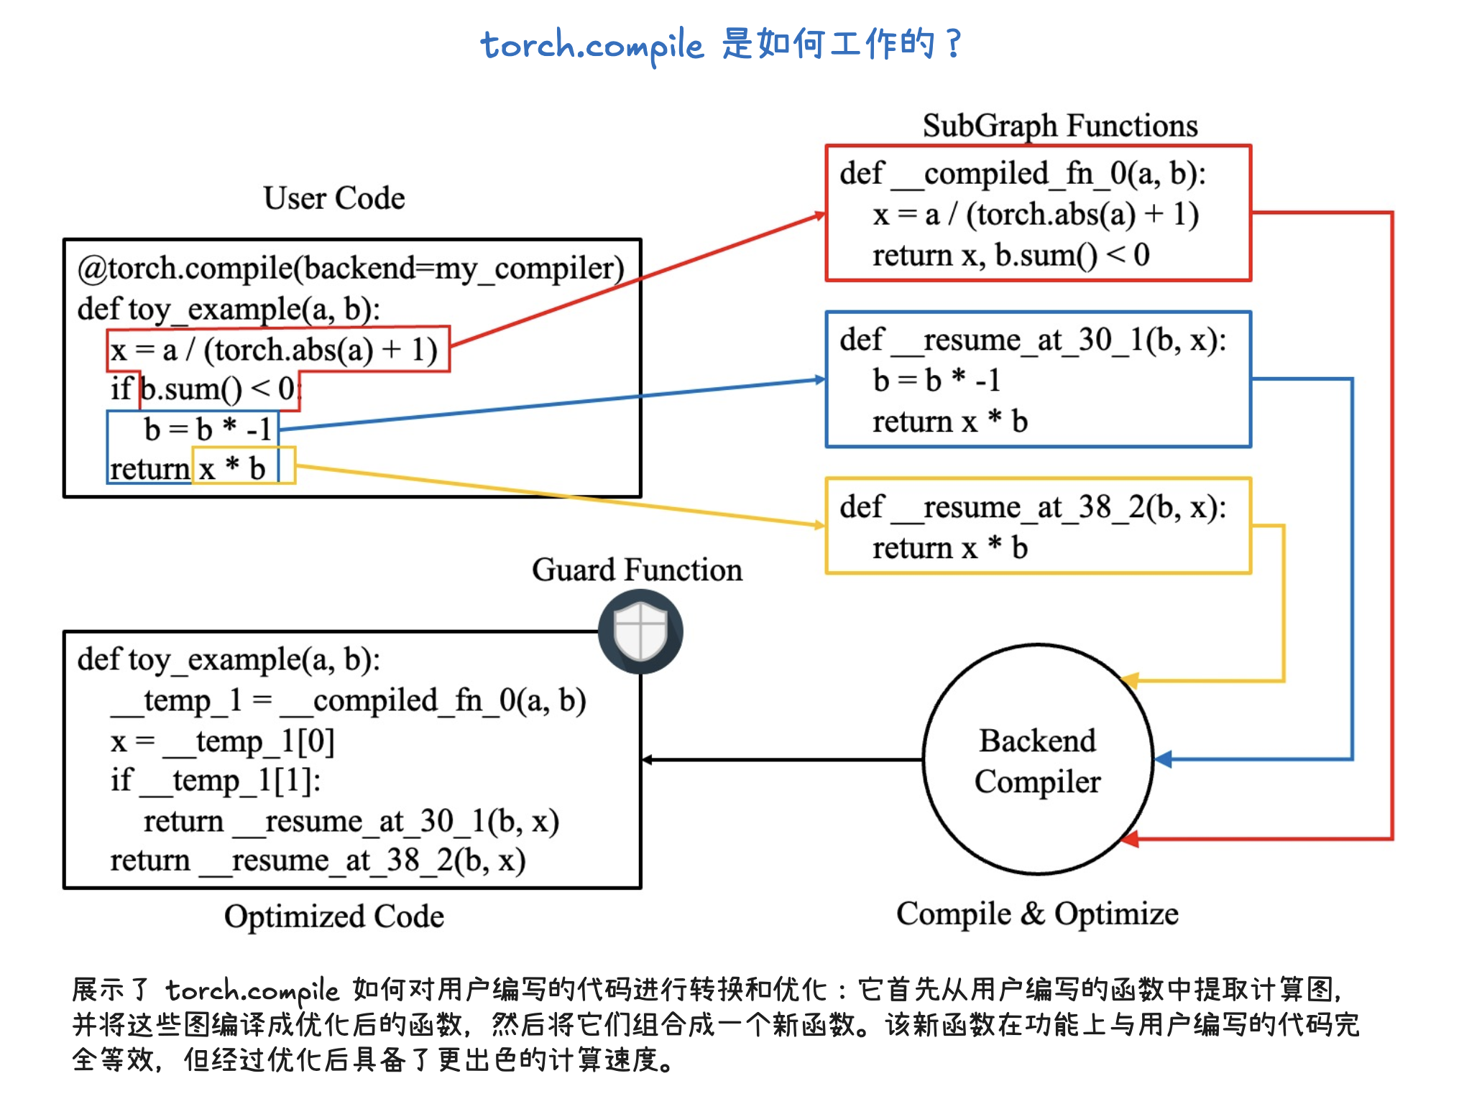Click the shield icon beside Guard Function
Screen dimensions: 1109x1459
[x=640, y=631]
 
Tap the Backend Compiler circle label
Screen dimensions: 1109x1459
[x=1037, y=761]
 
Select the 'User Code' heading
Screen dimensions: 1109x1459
[x=334, y=198]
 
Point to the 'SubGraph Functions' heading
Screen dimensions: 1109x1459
[x=1060, y=126]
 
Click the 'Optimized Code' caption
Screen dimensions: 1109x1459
[x=334, y=917]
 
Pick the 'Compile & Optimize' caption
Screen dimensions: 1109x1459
[x=1037, y=914]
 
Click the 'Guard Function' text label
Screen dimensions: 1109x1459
[x=637, y=570]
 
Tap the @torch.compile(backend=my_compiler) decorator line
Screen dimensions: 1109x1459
[x=351, y=269]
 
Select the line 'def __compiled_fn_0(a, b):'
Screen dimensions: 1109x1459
[x=1022, y=174]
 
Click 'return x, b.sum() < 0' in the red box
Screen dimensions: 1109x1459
[x=1011, y=256]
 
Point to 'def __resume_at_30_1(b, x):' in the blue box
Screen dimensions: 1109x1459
[x=1033, y=340]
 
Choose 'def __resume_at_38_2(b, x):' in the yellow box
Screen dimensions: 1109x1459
[x=1033, y=507]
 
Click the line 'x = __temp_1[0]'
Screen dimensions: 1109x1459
[x=223, y=741]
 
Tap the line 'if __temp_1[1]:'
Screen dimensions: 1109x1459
[x=216, y=781]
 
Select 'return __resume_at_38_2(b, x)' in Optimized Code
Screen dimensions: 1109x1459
[x=318, y=860]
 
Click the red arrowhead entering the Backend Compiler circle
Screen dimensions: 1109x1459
[x=1131, y=838]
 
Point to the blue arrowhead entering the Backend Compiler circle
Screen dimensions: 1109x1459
[x=1163, y=759]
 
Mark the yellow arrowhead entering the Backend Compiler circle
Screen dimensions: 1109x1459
[x=1130, y=679]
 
